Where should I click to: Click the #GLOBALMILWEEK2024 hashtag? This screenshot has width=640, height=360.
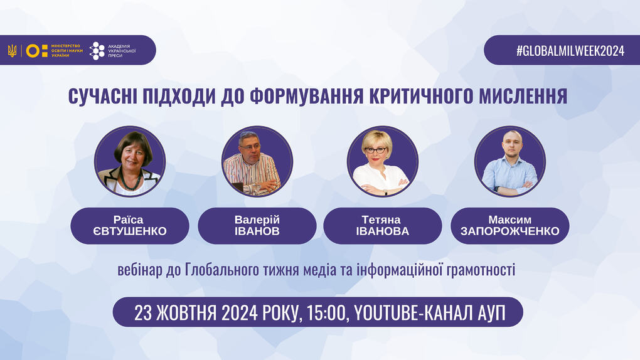[570, 51]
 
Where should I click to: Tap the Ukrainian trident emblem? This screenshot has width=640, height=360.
[13, 51]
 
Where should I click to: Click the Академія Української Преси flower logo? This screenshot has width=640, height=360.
[97, 51]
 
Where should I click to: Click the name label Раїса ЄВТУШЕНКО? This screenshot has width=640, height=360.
[130, 226]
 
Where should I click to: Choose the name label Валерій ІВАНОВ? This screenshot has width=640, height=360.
[257, 226]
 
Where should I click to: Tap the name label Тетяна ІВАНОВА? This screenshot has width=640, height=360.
[383, 226]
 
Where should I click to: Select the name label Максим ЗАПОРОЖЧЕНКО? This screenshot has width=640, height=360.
[509, 226]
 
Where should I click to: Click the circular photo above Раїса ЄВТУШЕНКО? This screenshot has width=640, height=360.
[130, 161]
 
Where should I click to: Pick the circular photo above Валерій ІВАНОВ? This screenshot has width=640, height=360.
[257, 161]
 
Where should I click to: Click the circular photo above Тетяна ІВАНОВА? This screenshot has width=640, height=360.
[383, 161]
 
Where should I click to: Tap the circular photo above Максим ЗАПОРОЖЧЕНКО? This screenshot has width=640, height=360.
[509, 161]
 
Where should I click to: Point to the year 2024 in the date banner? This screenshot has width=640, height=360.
[240, 313]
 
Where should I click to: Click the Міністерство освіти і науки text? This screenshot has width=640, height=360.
[67, 51]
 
